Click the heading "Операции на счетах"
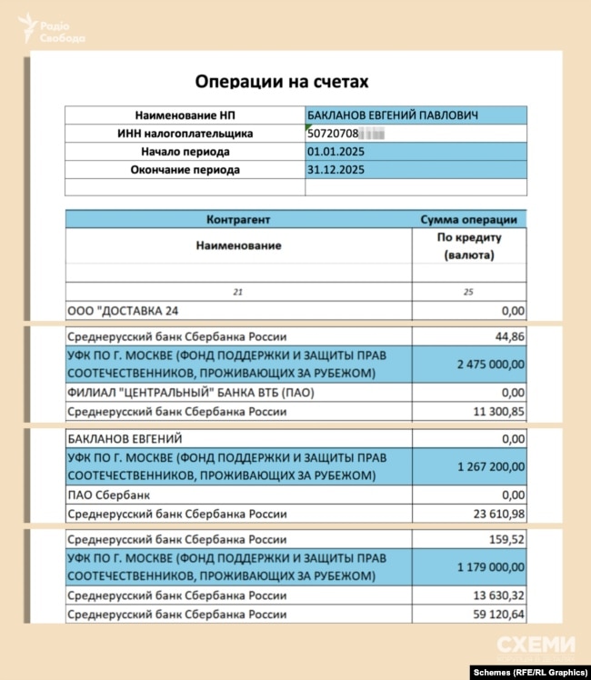[x=282, y=82]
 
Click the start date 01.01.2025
[x=336, y=152]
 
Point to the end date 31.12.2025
[x=336, y=170]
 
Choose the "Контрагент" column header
[x=238, y=219]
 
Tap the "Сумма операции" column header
[x=468, y=219]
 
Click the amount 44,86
[x=508, y=336]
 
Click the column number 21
[x=238, y=291]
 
